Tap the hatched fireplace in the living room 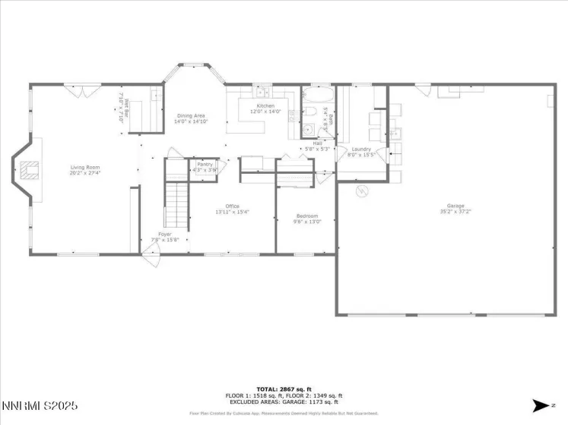coord(29,170)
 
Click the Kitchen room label coord(265,109)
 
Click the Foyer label coord(165,236)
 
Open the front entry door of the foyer coord(151,257)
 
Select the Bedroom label coord(307,219)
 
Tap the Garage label coord(455,209)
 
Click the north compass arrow coord(541,405)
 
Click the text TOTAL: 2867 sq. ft coord(283,389)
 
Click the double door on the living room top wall coord(85,91)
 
